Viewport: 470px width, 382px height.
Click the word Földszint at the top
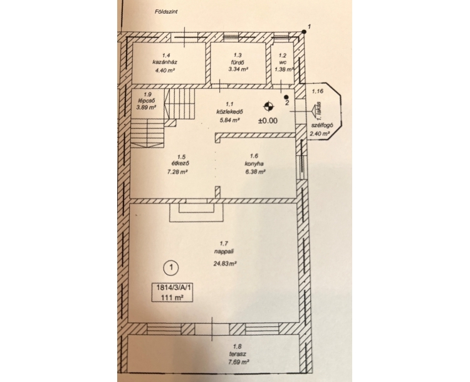click(166, 12)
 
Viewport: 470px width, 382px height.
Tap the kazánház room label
click(165, 63)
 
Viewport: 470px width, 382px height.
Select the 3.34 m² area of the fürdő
click(238, 70)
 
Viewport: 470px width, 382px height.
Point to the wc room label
click(283, 63)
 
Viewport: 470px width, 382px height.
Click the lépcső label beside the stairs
click(147, 101)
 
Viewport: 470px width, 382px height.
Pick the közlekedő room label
click(229, 111)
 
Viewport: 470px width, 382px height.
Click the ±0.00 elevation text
click(268, 121)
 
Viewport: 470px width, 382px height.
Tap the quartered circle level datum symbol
click(269, 106)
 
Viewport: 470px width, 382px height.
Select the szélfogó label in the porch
click(322, 126)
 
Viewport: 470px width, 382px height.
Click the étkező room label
click(180, 164)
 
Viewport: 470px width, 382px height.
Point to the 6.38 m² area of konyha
click(255, 172)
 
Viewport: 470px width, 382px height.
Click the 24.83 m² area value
click(225, 264)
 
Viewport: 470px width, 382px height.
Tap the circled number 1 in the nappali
click(171, 267)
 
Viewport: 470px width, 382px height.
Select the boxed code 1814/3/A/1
click(174, 287)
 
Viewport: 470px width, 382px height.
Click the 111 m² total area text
click(172, 297)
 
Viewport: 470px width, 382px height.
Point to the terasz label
click(238, 354)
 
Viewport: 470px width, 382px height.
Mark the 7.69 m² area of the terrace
click(239, 362)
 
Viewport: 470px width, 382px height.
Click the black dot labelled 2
click(286, 97)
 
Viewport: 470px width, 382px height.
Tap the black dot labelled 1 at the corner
click(304, 32)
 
